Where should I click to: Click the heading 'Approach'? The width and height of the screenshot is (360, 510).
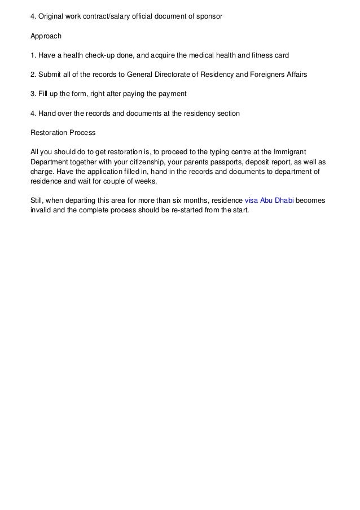[46, 35]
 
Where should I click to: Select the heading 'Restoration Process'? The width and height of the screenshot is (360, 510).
[63, 133]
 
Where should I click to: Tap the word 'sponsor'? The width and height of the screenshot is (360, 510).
[209, 16]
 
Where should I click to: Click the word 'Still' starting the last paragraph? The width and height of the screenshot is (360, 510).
[37, 201]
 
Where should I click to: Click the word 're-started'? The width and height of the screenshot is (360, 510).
[167, 211]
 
